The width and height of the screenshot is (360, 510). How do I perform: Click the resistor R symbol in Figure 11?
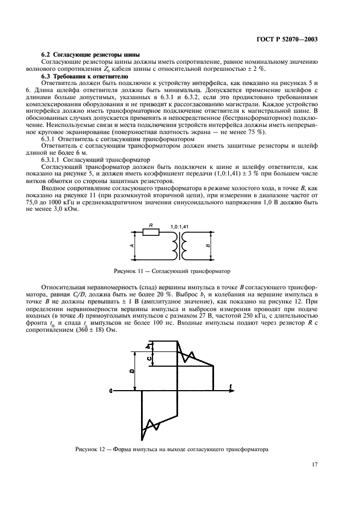tap(150, 232)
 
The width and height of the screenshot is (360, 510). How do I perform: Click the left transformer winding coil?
tap(174, 246)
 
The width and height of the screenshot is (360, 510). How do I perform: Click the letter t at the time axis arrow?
tap(231, 386)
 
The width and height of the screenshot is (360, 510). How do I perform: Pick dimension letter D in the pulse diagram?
tap(132, 371)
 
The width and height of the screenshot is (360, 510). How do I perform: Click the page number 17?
tap(314, 465)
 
